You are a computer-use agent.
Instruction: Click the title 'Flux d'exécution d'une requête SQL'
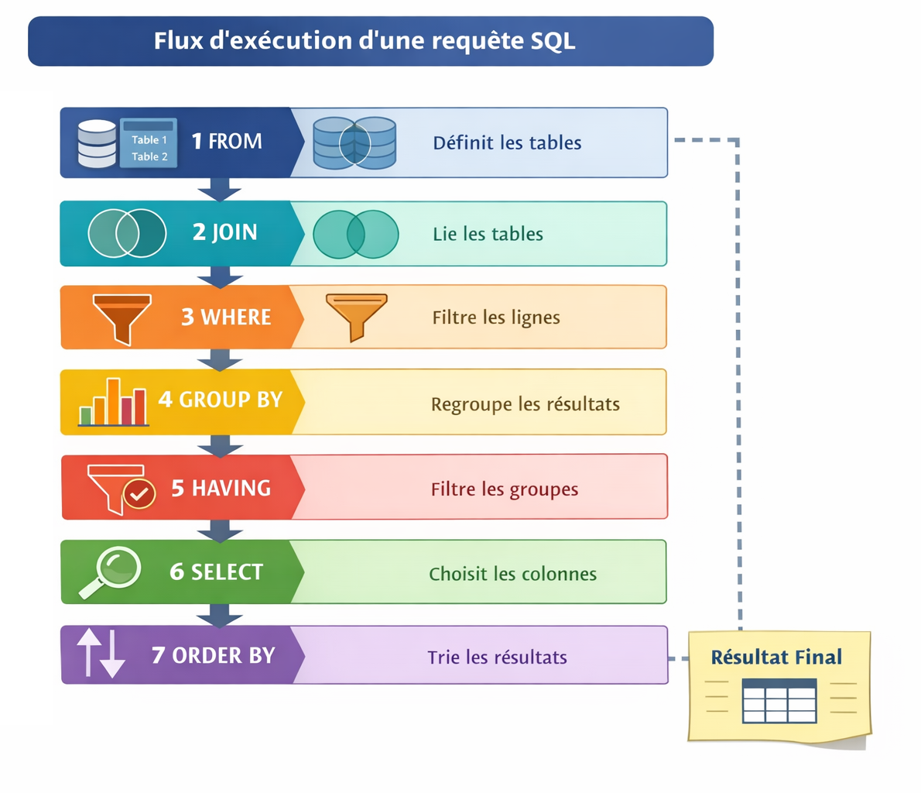pos(364,40)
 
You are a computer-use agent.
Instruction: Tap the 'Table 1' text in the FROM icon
pos(149,140)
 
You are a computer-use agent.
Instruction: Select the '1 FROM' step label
pos(227,141)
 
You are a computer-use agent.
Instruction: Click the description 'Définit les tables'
pos(507,142)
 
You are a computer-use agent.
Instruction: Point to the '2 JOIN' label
pos(224,232)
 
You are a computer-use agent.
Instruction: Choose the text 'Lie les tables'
pos(488,234)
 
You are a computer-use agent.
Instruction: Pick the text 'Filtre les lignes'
pos(496,318)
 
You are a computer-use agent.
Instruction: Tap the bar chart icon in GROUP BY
pos(113,403)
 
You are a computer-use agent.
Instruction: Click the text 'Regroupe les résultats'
pos(525,404)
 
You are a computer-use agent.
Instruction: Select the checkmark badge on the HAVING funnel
pos(140,493)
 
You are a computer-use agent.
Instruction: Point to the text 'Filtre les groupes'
pos(504,489)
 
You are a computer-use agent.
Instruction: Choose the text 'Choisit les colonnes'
pos(512,574)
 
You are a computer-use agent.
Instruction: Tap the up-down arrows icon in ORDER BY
pos(101,654)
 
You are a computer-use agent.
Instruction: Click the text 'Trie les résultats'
pos(497,657)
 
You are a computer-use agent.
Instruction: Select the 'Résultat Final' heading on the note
pos(776,657)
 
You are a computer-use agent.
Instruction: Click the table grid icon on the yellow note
pos(779,701)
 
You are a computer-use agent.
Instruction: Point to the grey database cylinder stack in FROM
pos(97,144)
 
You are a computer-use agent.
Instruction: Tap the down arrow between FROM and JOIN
pos(220,190)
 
